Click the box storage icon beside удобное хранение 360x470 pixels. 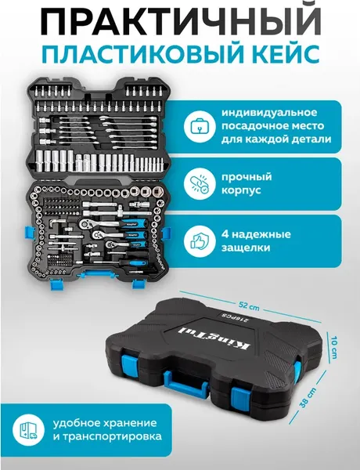click(27, 428)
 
